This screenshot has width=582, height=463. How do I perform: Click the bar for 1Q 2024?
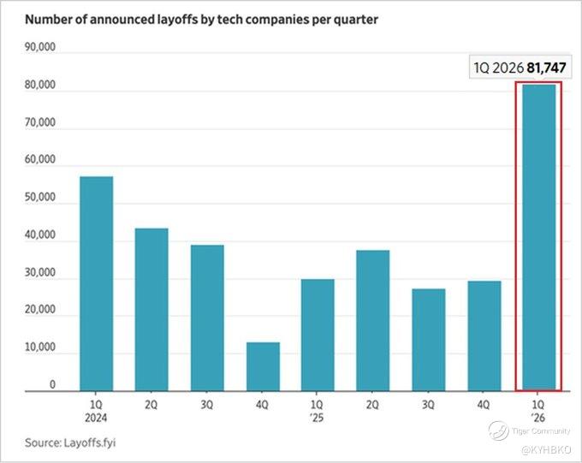point(97,283)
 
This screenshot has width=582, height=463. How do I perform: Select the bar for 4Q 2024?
point(263,366)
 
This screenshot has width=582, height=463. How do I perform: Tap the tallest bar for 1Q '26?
point(539,238)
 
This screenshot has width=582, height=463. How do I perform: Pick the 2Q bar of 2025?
point(373,321)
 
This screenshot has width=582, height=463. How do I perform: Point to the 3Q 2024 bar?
point(207,318)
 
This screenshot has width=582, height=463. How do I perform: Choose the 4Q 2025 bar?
point(484,336)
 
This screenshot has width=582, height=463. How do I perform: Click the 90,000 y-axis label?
point(40,47)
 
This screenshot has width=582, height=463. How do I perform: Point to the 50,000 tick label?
point(40,197)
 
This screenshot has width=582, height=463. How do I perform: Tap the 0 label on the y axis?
point(52,384)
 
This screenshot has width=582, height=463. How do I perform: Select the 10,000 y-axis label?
point(40,347)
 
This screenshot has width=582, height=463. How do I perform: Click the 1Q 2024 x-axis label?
point(96,411)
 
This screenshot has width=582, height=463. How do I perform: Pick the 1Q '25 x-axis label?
point(317,411)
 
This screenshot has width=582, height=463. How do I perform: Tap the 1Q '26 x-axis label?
point(538,411)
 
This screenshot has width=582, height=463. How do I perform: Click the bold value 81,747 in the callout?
point(546,68)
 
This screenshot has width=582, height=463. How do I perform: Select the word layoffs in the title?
point(175,20)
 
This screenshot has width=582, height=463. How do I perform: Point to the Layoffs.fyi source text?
point(90,443)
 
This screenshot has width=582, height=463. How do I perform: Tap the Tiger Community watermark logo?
point(498,430)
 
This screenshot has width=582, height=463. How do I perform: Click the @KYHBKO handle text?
point(546,450)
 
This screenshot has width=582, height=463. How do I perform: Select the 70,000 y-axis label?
point(40,122)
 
